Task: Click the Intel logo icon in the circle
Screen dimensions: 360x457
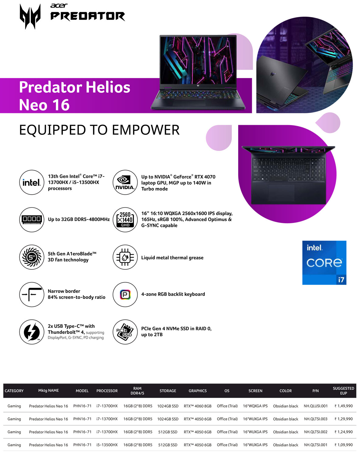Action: coord(32,182)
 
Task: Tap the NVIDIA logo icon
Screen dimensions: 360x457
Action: coord(125,182)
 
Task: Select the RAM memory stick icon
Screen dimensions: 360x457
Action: coord(32,220)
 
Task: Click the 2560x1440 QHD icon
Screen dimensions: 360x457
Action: coord(125,220)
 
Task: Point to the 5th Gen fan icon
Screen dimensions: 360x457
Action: coord(32,257)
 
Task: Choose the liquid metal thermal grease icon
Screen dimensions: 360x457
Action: coord(125,257)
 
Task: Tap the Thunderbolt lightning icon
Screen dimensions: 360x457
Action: coord(32,332)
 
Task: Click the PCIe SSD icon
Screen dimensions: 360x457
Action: coord(125,332)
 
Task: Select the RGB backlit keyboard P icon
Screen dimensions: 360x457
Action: coord(125,295)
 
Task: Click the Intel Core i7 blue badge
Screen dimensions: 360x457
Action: coord(324,262)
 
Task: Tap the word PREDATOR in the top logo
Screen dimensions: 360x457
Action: coord(87,16)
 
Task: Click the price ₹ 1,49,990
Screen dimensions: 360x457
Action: coord(343,406)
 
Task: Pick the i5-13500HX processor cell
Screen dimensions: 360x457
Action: coord(107,445)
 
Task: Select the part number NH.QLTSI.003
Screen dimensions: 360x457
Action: coord(316,419)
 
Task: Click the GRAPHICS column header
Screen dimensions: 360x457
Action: coord(197,391)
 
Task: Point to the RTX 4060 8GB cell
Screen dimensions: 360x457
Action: coord(197,406)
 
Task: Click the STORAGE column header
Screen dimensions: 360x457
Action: coord(168,391)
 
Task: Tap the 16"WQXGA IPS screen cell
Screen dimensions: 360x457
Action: coord(255,406)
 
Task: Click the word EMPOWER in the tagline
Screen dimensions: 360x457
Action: coord(146,130)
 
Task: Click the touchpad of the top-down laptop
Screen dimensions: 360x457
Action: coord(281,193)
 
